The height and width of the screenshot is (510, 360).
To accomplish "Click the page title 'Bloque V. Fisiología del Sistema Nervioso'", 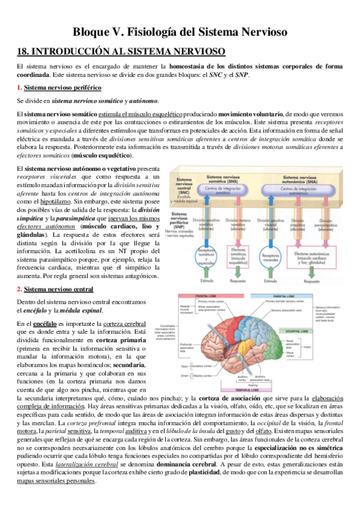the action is [x=180, y=31].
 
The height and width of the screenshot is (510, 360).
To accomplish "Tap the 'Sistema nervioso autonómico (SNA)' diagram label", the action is [x=301, y=179].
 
